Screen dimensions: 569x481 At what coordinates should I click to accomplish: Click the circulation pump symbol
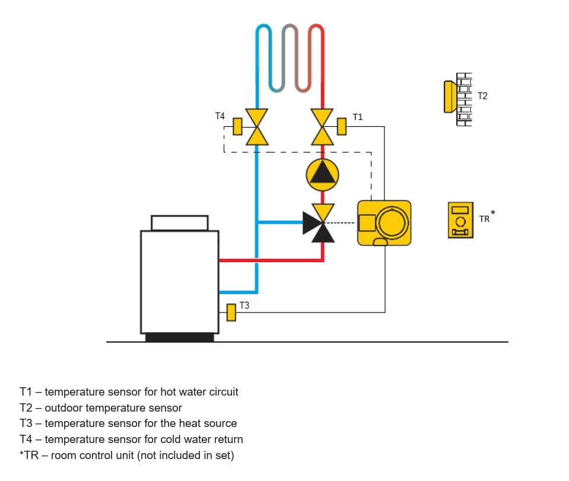pyautogui.click(x=322, y=175)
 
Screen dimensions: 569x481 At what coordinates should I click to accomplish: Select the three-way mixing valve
pyautogui.click(x=319, y=223)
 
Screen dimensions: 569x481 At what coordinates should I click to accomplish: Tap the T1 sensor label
pyautogui.click(x=357, y=117)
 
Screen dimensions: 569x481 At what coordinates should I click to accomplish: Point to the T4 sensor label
pyautogui.click(x=220, y=116)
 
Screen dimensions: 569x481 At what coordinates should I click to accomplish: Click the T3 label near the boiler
pyautogui.click(x=244, y=305)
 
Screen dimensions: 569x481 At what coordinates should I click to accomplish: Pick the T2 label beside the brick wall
pyautogui.click(x=482, y=95)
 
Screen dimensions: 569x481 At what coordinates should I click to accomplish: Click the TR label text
pyautogui.click(x=484, y=219)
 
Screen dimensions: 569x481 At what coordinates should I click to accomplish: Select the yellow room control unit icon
pyautogui.click(x=460, y=220)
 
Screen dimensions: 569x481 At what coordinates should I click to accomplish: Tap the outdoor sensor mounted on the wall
pyautogui.click(x=450, y=97)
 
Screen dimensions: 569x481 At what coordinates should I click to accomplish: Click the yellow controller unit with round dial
pyautogui.click(x=384, y=223)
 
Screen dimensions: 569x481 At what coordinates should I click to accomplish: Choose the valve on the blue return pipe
pyautogui.click(x=257, y=127)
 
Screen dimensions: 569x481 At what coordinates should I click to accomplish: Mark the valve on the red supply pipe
pyautogui.click(x=322, y=127)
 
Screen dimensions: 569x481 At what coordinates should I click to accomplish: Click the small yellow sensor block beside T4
pyautogui.click(x=237, y=126)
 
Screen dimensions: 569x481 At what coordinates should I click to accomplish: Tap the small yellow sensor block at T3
pyautogui.click(x=231, y=313)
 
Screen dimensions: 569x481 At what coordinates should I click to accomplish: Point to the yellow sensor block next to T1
pyautogui.click(x=342, y=126)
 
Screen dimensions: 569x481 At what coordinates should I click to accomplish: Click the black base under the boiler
pyautogui.click(x=180, y=337)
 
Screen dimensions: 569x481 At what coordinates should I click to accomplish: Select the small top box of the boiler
pyautogui.click(x=180, y=223)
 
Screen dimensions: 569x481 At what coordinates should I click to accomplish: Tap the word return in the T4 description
pyautogui.click(x=228, y=439)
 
